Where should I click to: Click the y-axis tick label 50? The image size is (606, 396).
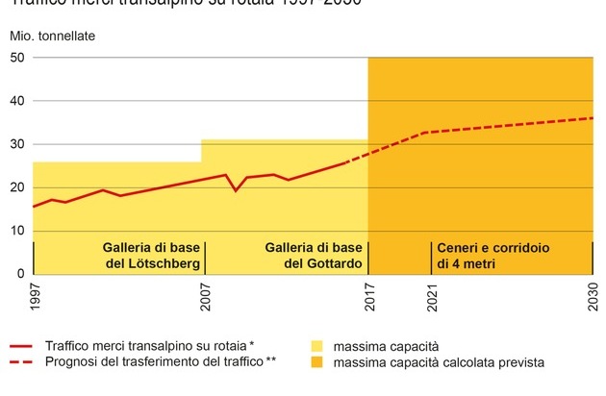[17, 58]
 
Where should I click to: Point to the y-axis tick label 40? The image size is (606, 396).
[17, 101]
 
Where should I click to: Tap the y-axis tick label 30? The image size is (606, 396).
[17, 144]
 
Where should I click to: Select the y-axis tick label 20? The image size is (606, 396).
[17, 187]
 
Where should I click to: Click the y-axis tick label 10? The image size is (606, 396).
[17, 231]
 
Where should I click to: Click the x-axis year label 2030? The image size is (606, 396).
[593, 296]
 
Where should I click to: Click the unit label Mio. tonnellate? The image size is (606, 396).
[54, 37]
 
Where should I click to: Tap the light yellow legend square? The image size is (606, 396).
[316, 345]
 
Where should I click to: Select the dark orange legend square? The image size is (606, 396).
[316, 362]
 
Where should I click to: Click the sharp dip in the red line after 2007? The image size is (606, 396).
[236, 190]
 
